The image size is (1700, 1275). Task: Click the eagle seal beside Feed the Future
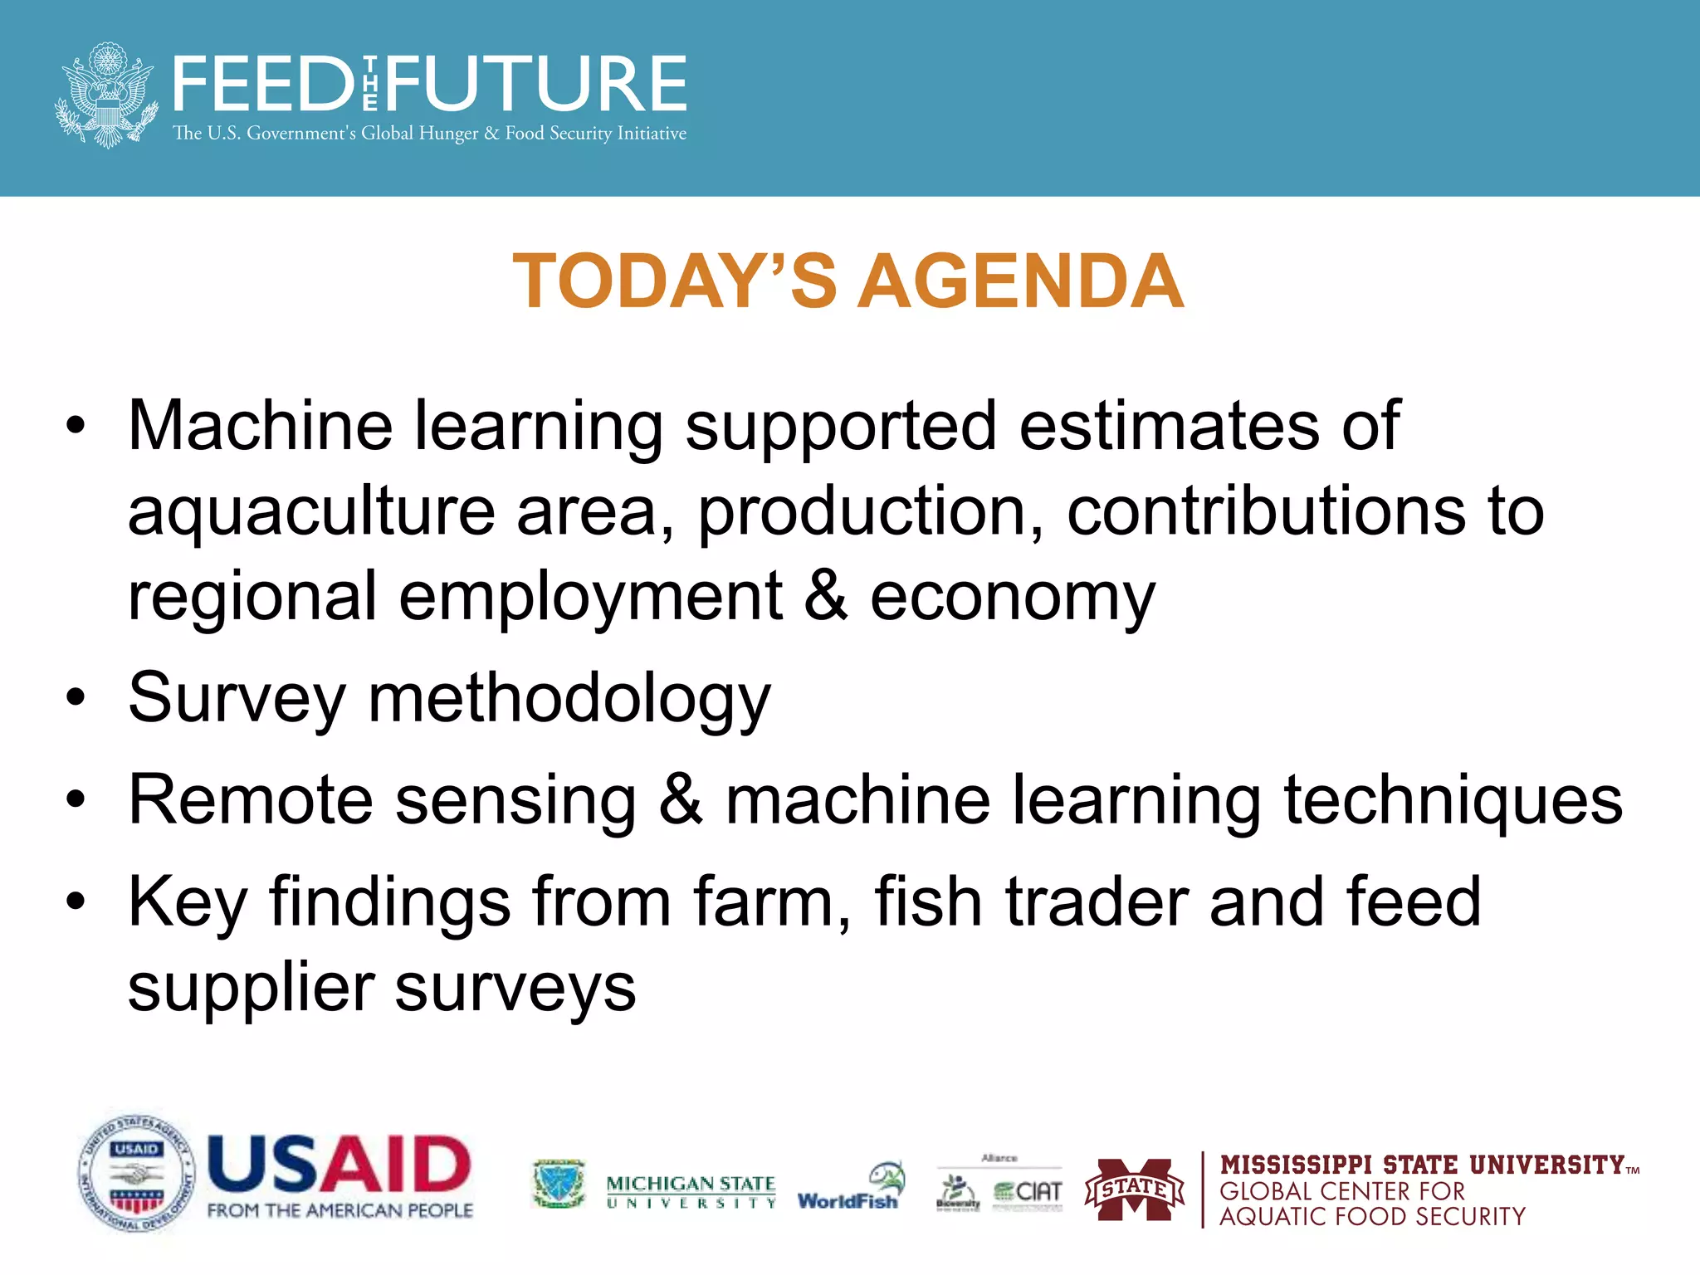point(106,95)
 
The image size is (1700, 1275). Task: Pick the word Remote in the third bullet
point(251,800)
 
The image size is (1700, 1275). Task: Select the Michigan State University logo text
point(691,1191)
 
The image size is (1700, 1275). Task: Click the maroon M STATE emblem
point(1135,1190)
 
